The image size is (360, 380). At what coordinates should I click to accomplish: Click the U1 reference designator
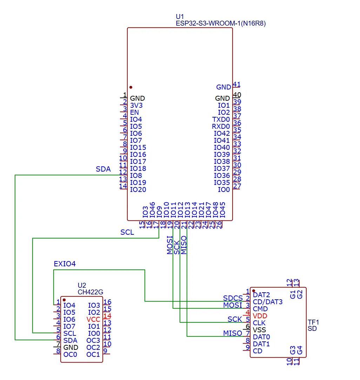(x=179, y=16)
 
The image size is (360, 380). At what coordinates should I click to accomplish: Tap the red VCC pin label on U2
(x=93, y=319)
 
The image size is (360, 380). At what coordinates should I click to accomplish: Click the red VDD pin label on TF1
(x=260, y=316)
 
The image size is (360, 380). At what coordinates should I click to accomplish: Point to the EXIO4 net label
(x=65, y=264)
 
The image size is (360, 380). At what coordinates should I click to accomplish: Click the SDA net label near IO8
(x=103, y=169)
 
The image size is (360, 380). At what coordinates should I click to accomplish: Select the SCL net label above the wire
(x=127, y=232)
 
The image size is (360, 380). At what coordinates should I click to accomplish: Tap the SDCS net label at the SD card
(x=233, y=298)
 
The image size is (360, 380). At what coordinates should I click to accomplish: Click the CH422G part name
(x=90, y=292)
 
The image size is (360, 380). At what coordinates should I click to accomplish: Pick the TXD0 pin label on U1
(x=221, y=119)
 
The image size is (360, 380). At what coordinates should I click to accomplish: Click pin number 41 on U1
(x=237, y=84)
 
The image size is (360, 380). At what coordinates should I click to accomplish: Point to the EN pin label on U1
(x=134, y=112)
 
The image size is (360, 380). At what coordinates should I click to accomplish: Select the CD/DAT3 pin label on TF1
(x=267, y=302)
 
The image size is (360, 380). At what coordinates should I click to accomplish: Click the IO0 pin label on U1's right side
(x=224, y=189)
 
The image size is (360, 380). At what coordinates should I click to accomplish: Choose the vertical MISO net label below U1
(x=184, y=245)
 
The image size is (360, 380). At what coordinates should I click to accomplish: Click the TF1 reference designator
(x=313, y=322)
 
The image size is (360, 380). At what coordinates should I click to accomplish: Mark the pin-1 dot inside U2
(x=64, y=300)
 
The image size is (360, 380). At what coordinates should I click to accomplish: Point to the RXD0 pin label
(x=221, y=126)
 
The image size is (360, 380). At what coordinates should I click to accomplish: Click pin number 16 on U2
(x=107, y=302)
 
